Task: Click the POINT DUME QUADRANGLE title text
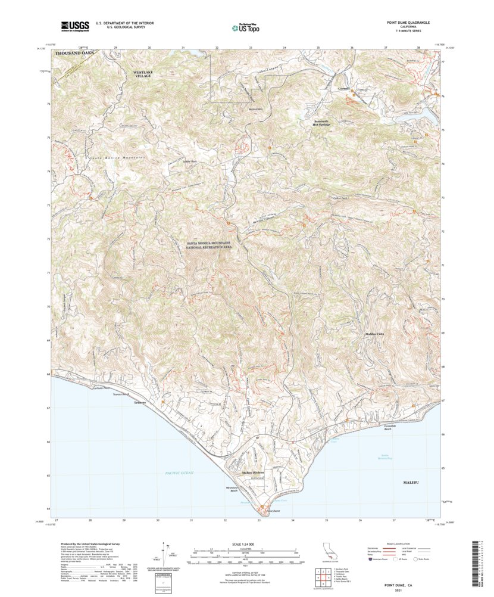(408, 23)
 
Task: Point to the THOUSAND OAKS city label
(74, 54)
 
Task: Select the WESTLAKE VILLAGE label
(143, 74)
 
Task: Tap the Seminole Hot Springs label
(326, 122)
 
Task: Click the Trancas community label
(140, 403)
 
